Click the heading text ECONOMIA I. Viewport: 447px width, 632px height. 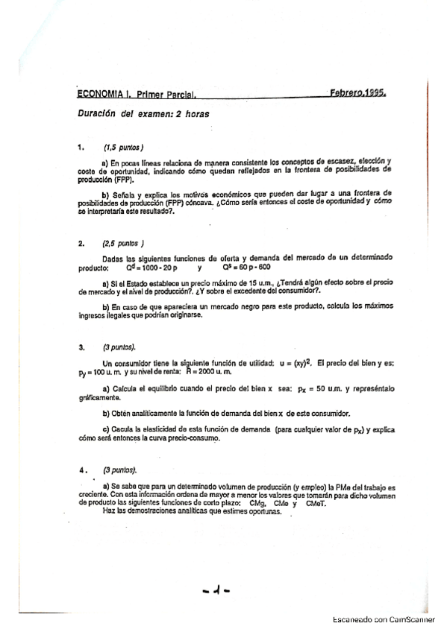point(104,95)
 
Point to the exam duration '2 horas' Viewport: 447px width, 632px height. point(193,114)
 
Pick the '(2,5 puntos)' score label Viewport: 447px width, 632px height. point(124,243)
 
